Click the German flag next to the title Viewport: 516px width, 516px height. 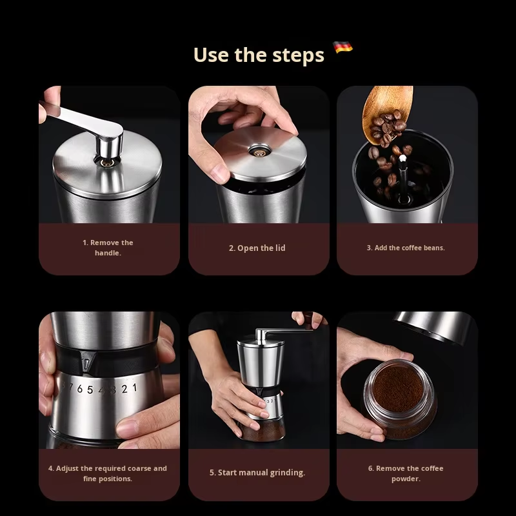pyautogui.click(x=342, y=47)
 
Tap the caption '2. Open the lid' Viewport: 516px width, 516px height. pyautogui.click(x=257, y=248)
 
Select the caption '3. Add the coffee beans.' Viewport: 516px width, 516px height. pyautogui.click(x=406, y=248)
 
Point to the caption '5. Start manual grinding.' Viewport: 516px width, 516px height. pyautogui.click(x=257, y=473)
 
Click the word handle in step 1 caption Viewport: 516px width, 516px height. pyautogui.click(x=108, y=253)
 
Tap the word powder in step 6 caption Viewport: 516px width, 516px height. pyautogui.click(x=406, y=479)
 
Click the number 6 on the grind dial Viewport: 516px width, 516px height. pyautogui.click(x=79, y=389)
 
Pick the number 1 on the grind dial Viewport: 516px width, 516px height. pyautogui.click(x=135, y=388)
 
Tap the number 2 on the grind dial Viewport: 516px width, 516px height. pyautogui.click(x=124, y=389)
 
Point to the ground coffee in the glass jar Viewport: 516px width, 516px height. pyautogui.click(x=398, y=388)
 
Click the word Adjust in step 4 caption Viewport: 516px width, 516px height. pyautogui.click(x=68, y=469)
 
